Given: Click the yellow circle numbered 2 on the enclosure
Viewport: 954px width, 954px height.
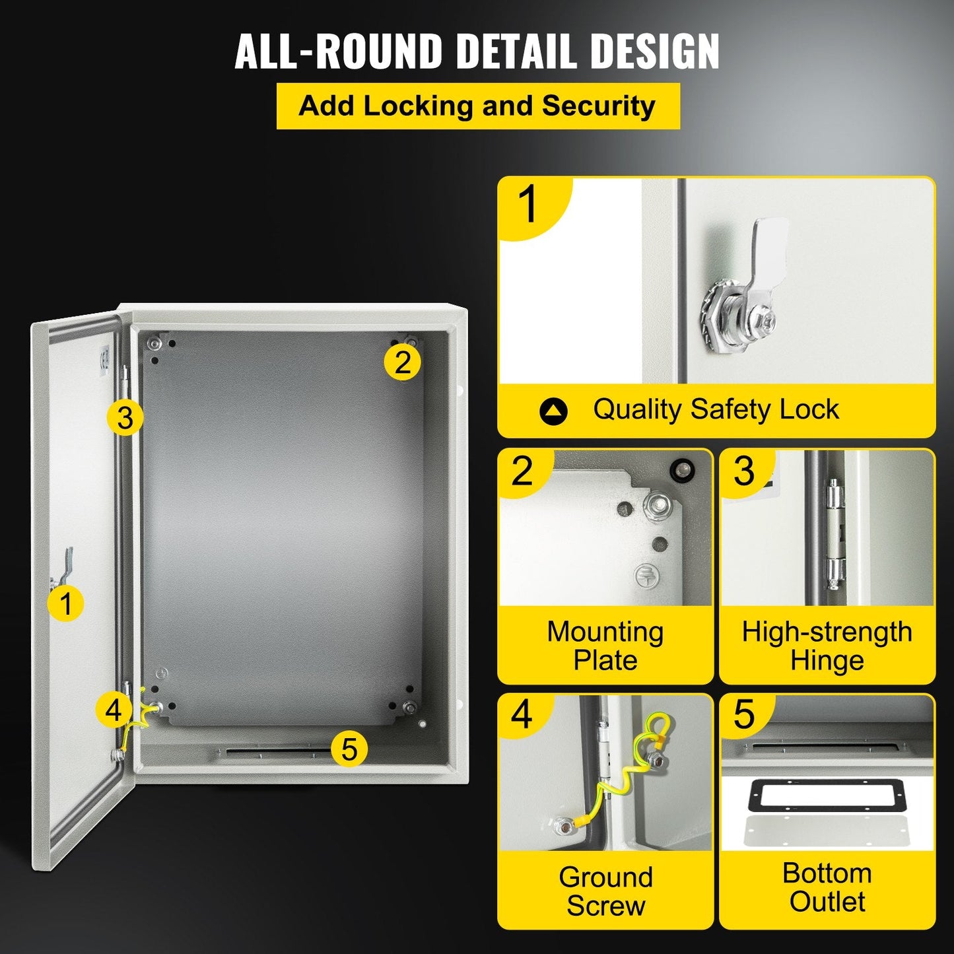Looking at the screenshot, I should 402,362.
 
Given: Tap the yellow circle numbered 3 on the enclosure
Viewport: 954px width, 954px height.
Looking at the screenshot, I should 125,417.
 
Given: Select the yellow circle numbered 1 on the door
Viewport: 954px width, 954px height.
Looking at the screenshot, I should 65,603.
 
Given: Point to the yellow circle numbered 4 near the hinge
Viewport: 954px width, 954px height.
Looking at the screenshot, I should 114,710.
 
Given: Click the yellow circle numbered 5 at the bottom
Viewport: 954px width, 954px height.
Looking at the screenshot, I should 349,749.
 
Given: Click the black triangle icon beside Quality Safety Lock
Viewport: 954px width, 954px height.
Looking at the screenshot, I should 553,411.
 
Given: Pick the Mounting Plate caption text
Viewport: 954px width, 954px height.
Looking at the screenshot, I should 605,646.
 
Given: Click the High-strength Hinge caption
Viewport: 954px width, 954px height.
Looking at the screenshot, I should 827,646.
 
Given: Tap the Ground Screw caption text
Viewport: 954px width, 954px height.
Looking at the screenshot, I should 605,891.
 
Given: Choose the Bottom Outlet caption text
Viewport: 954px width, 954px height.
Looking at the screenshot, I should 827,887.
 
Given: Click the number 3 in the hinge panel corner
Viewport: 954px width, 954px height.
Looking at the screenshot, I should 744,471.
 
